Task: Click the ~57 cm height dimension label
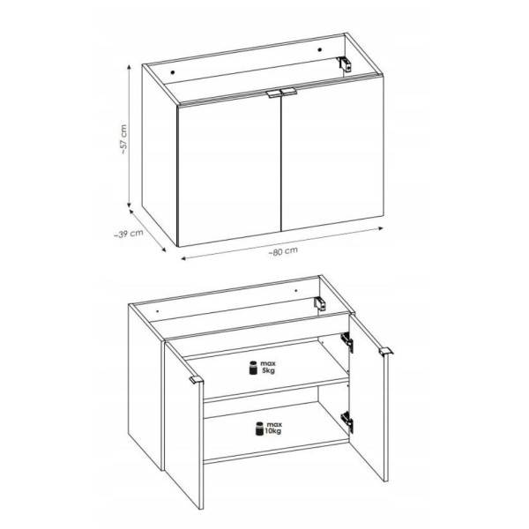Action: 123,139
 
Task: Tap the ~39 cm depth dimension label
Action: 129,233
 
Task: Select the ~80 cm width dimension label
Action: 283,251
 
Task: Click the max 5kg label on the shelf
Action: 268,367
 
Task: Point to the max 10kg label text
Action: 273,428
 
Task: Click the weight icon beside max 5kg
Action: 253,368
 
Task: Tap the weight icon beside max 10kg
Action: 259,428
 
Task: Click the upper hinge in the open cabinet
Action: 347,342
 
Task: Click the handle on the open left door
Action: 196,380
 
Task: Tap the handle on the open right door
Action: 386,351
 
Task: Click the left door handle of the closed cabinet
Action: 272,94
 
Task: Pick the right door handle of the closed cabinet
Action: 289,92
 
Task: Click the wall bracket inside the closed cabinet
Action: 344,63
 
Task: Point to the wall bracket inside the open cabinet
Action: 320,303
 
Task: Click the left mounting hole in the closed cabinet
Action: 173,72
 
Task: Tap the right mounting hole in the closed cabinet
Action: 319,50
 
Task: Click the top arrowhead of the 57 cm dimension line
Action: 129,67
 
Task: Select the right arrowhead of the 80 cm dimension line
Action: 381,228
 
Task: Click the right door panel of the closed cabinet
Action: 332,154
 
